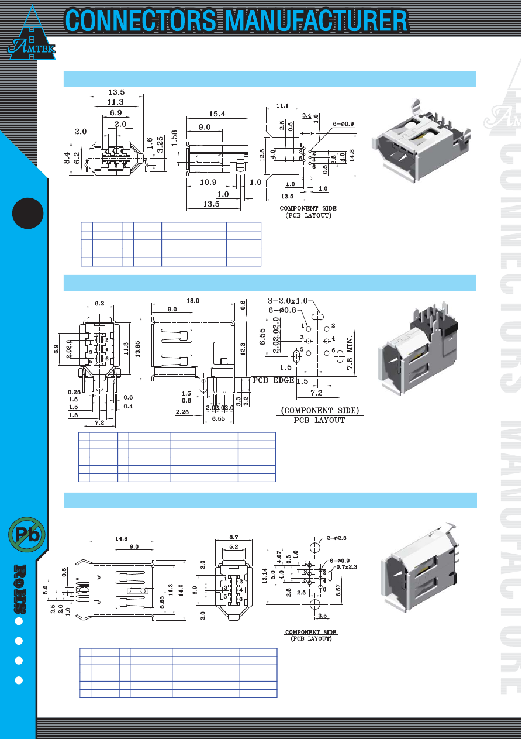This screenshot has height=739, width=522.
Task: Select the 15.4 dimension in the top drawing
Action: [x=216, y=114]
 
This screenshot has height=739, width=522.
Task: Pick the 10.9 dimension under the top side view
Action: [x=208, y=182]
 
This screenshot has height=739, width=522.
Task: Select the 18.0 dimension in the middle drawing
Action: [x=192, y=300]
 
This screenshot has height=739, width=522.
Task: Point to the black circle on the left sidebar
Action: [x=27, y=212]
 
